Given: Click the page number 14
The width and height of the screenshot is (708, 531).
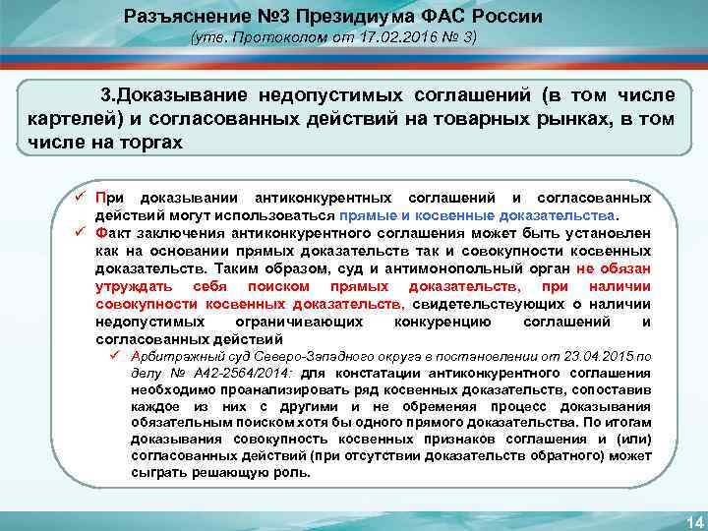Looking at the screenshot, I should pyautogui.click(x=688, y=519).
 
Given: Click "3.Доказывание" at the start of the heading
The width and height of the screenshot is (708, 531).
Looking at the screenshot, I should pyautogui.click(x=174, y=96).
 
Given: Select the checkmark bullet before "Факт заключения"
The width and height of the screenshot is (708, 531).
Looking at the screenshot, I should pyautogui.click(x=84, y=234).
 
